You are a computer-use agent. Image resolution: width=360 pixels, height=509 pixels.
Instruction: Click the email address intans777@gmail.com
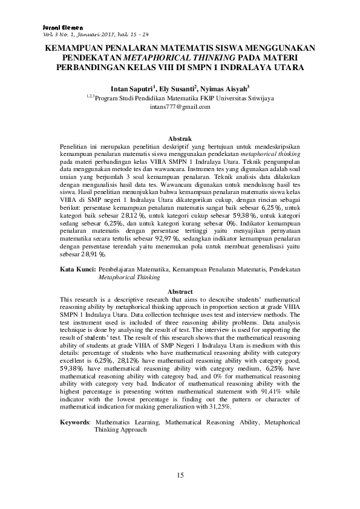[x=180, y=107]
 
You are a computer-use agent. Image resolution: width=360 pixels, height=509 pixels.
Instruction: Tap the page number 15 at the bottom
[x=180, y=476]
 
